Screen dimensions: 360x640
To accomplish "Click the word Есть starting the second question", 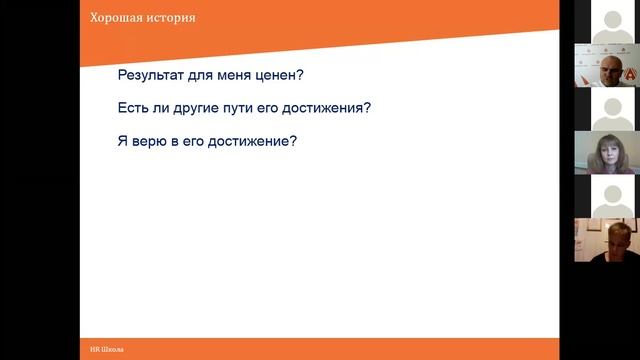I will click(x=134, y=108).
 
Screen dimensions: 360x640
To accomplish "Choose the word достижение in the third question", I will click(x=257, y=140).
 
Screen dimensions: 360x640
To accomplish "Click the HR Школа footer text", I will click(x=108, y=349).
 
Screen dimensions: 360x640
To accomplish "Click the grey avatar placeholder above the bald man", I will click(x=607, y=20).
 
